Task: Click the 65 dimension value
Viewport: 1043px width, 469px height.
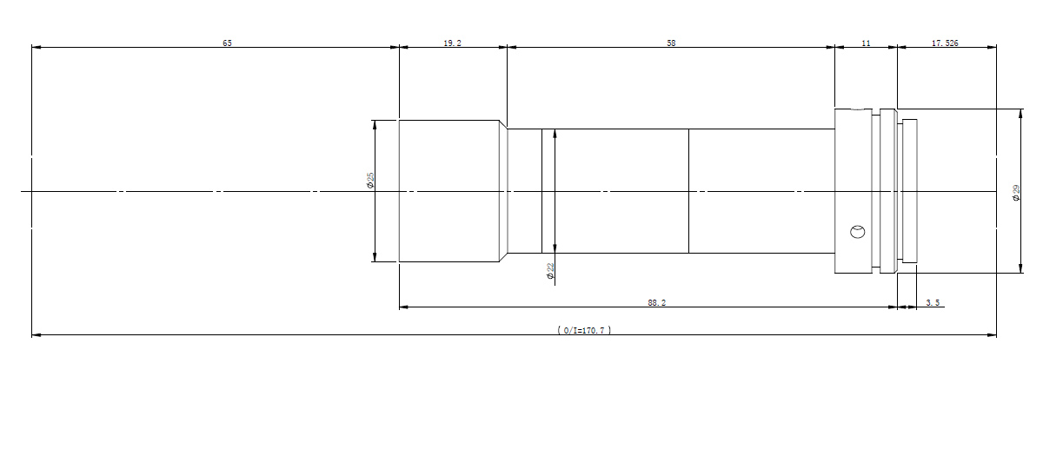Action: (227, 43)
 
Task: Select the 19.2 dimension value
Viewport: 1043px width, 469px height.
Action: (452, 43)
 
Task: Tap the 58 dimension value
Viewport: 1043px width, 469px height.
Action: (671, 43)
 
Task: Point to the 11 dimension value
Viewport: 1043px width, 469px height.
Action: (866, 43)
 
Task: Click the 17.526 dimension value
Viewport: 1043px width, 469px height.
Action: (945, 43)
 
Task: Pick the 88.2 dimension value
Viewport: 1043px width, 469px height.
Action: (656, 302)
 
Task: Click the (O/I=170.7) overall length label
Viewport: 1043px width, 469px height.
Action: (583, 330)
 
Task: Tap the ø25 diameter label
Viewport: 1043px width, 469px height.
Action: (371, 180)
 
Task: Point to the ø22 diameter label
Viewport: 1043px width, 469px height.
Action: (550, 272)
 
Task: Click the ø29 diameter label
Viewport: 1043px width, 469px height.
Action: (1016, 193)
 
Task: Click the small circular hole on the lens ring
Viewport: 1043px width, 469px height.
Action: (857, 231)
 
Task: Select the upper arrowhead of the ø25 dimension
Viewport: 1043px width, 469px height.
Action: (375, 124)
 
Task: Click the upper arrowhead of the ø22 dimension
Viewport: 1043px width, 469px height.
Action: (554, 134)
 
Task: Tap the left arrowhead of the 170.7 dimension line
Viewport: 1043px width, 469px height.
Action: (36, 334)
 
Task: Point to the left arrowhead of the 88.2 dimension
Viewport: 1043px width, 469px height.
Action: (403, 307)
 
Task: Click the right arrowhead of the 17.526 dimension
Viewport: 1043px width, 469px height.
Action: (993, 47)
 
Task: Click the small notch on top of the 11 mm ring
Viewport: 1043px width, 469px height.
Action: (860, 109)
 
